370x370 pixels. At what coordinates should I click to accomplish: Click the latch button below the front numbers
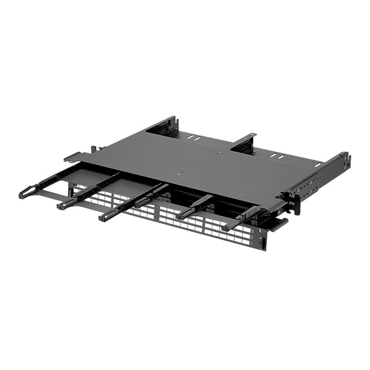pos(260,243)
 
